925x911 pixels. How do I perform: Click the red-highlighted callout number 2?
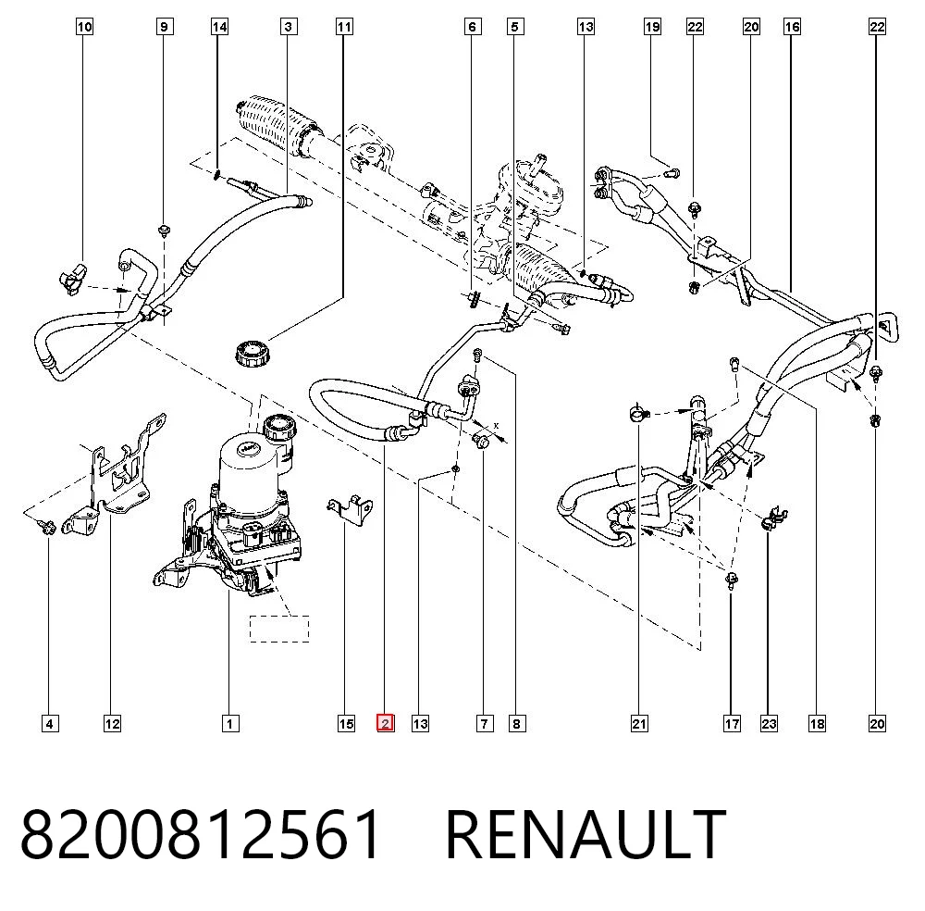point(385,723)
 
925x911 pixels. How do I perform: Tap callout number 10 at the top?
point(84,27)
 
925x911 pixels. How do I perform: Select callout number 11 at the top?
point(344,27)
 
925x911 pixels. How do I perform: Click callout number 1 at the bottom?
point(230,723)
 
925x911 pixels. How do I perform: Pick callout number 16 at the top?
point(792,27)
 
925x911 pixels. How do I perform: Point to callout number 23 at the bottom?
point(768,723)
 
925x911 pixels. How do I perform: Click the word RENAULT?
point(586,834)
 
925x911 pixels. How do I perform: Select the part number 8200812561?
point(201,834)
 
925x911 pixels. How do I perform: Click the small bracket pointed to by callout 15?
point(351,509)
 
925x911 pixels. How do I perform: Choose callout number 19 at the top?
point(652,27)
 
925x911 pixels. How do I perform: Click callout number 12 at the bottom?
point(112,723)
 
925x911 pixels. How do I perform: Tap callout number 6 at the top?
point(472,27)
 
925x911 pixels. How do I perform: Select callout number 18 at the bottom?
point(817,723)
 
